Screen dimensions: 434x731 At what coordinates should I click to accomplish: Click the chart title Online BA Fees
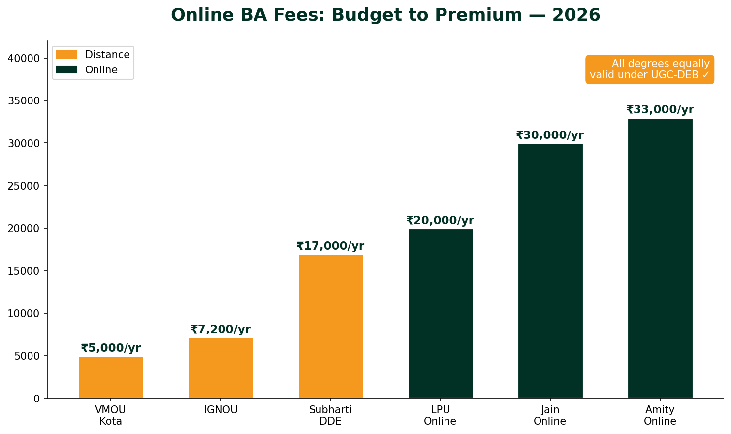tap(385, 15)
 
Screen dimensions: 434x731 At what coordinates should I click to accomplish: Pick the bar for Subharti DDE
tap(331, 326)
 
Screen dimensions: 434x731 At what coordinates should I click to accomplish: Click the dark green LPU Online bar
tap(441, 313)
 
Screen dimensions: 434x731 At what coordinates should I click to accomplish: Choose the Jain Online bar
tap(550, 271)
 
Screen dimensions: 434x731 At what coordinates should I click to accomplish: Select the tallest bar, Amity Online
tap(660, 258)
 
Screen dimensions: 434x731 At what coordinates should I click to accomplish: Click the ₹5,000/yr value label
tap(111, 348)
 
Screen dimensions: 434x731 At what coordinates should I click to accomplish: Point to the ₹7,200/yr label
tap(221, 330)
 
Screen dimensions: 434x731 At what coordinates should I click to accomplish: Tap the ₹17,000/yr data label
tap(330, 246)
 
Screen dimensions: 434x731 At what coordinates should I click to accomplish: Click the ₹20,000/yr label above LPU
tap(440, 221)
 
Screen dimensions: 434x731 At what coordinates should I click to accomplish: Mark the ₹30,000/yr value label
tap(550, 135)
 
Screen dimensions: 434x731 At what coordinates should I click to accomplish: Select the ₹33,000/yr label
tap(660, 110)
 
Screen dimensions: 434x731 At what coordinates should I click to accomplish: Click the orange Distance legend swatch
tap(66, 55)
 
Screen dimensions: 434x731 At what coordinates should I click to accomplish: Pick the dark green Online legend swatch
tap(66, 70)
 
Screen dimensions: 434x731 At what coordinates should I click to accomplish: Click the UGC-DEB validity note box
tap(650, 69)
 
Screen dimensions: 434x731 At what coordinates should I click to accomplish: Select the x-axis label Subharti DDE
tap(330, 415)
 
